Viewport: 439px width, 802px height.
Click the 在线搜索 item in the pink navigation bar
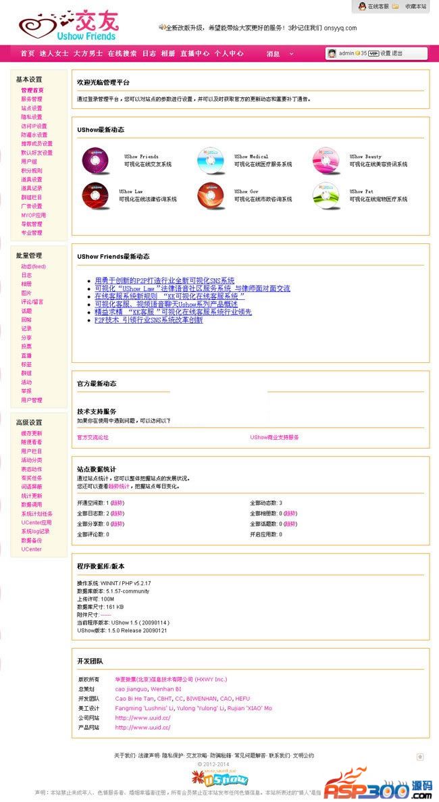pos(122,53)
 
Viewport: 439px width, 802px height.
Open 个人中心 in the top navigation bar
pos(229,53)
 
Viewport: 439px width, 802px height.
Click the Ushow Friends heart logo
pos(67,25)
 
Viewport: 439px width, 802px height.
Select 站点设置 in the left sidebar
pos(31,108)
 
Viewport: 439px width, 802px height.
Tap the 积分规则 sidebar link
pos(31,171)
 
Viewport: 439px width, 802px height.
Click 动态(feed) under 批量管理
pos(33,267)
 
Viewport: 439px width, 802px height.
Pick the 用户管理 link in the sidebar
pos(31,400)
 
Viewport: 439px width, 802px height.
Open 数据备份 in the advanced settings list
pos(31,541)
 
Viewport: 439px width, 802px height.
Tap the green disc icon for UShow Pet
pos(327,196)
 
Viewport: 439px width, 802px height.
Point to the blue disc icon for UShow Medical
pos(211,161)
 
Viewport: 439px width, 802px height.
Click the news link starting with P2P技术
pos(149,320)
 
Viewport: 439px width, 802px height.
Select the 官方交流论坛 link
pos(93,437)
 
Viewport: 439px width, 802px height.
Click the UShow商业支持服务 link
pos(274,437)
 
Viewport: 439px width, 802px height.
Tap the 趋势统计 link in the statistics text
pos(120,486)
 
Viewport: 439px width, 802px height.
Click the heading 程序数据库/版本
pos(101,566)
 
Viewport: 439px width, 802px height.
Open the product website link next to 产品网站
pos(143,728)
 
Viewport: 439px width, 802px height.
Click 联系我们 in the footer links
pos(279,755)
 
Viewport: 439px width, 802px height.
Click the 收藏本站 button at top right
pos(415,6)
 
